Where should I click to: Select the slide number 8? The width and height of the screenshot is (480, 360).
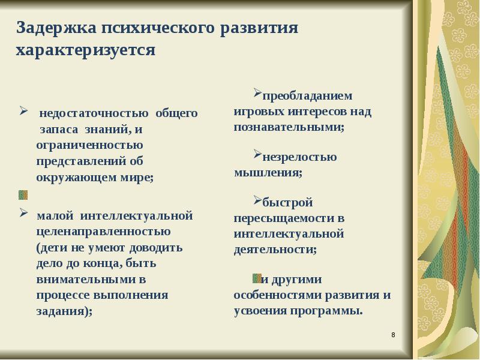point(393,334)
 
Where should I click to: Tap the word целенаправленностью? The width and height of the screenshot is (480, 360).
point(103,230)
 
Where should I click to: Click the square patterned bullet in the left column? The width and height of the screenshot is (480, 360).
point(23,194)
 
